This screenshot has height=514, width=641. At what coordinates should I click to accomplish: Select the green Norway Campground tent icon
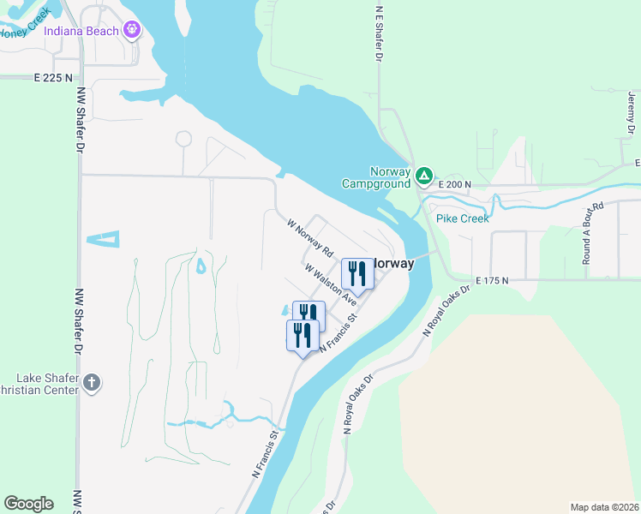pyautogui.click(x=423, y=176)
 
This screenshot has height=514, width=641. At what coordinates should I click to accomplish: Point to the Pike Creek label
pyautogui.click(x=462, y=218)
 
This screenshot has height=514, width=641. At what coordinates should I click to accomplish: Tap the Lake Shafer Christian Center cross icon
pyautogui.click(x=92, y=383)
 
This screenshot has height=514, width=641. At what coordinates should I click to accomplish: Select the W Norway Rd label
pyautogui.click(x=309, y=237)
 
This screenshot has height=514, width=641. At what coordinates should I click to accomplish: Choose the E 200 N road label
pyautogui.click(x=455, y=184)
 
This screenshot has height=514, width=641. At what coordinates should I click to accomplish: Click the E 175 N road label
pyautogui.click(x=492, y=280)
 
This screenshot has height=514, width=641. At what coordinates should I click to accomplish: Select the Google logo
pyautogui.click(x=28, y=504)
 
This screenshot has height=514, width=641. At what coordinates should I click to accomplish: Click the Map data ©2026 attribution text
pyautogui.click(x=604, y=507)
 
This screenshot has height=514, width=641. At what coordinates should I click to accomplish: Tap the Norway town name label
pyautogui.click(x=392, y=264)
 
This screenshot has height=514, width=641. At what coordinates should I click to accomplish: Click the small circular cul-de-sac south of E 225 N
pyautogui.click(x=183, y=139)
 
